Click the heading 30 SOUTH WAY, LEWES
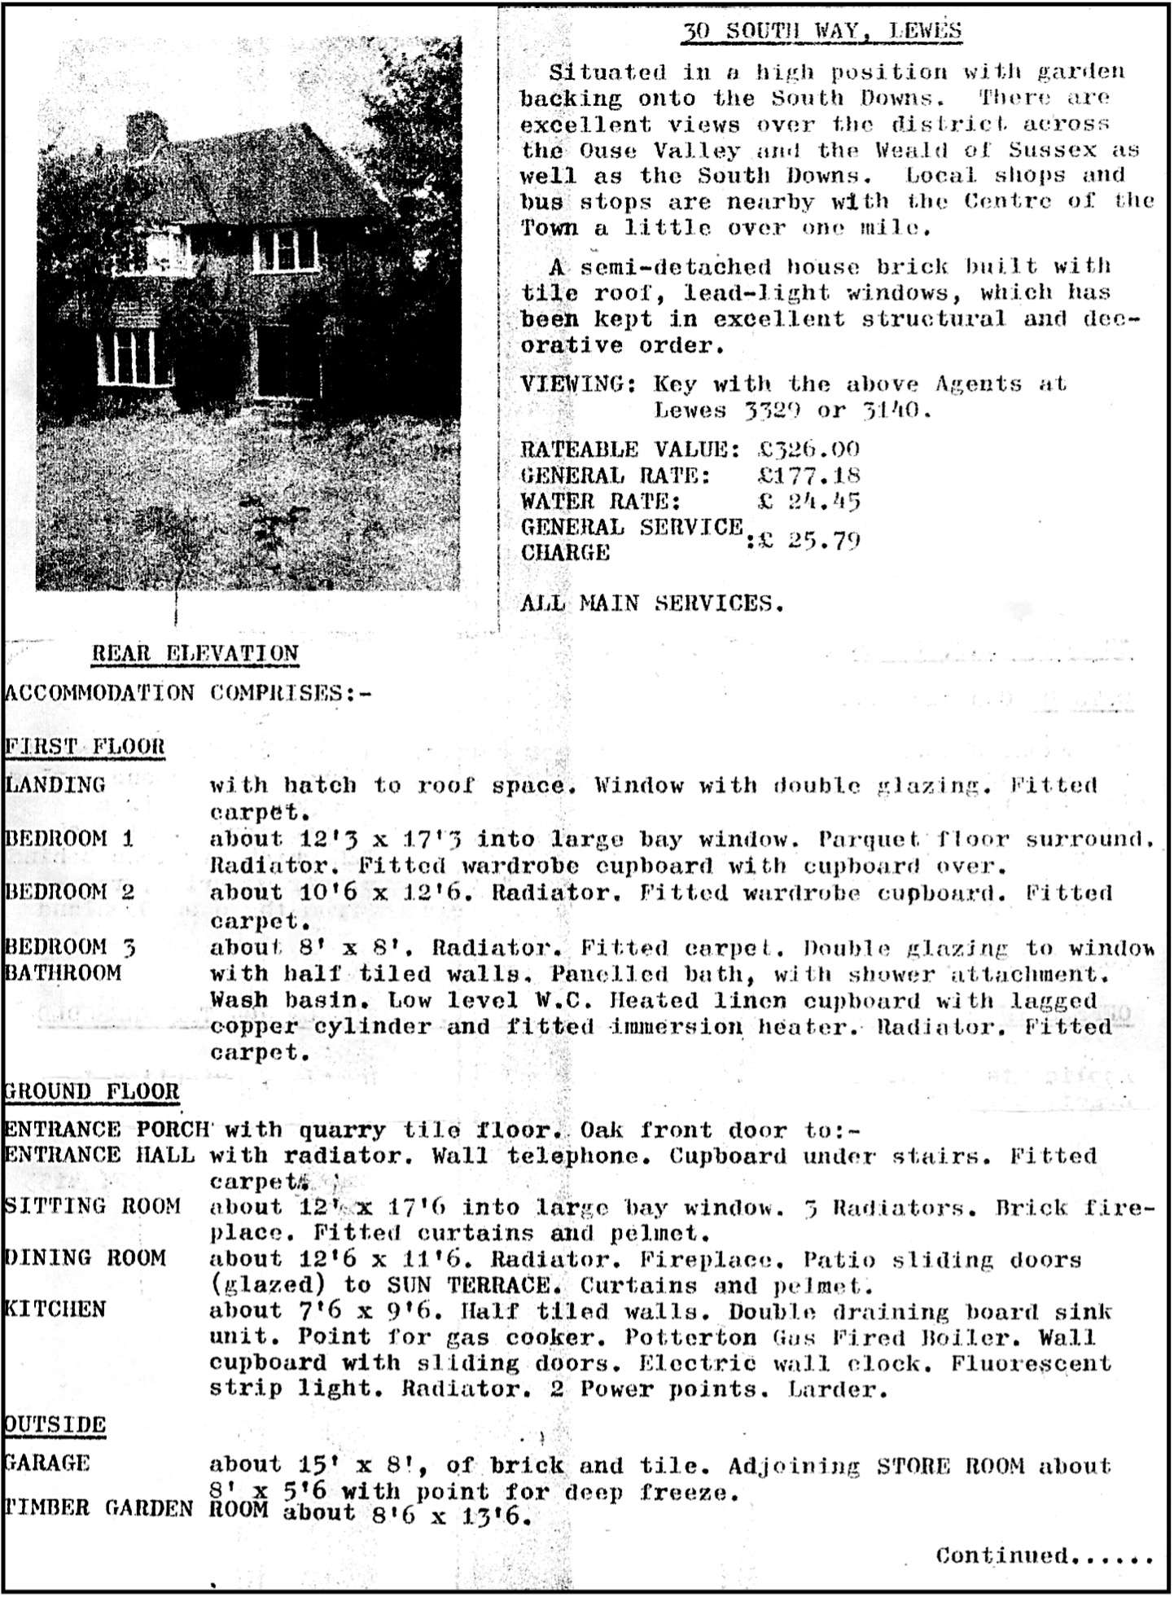coord(821,32)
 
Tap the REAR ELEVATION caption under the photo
coord(195,653)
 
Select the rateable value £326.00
coord(808,450)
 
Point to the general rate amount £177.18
coord(808,476)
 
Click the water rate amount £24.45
coord(808,502)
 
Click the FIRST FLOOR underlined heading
coord(85,746)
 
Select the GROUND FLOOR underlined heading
coord(91,1091)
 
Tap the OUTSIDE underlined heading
coord(55,1425)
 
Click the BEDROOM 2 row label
coord(70,892)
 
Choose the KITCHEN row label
coord(55,1310)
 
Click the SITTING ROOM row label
coord(92,1206)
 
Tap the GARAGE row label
coord(47,1463)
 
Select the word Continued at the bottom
coord(1001,1555)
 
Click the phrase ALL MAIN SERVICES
coord(652,603)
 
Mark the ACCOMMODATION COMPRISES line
coord(188,693)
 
